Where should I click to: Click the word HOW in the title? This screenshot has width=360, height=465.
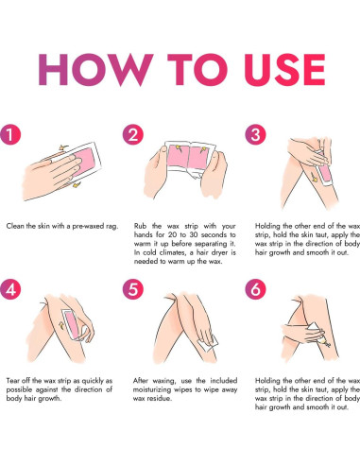coord(95,70)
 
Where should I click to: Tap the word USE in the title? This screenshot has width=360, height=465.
coord(284,70)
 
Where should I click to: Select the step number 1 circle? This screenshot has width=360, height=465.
coord(10,134)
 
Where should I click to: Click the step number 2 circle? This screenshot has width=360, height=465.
coord(133,134)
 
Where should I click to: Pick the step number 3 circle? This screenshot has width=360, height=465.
coord(255,134)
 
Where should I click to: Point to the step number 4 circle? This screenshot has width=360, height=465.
coord(10,289)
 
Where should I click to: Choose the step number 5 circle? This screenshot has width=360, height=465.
coord(133,289)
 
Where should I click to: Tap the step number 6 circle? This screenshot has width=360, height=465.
coord(255,289)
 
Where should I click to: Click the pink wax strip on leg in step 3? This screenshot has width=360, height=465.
coord(325,173)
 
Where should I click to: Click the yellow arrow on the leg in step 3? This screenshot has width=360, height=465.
coord(313,177)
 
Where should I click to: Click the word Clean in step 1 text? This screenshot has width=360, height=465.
coord(14,226)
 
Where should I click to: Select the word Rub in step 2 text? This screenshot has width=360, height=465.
coord(139,226)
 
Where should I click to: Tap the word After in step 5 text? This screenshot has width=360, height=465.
coord(141,381)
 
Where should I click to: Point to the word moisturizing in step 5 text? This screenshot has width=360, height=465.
coord(150,389)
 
